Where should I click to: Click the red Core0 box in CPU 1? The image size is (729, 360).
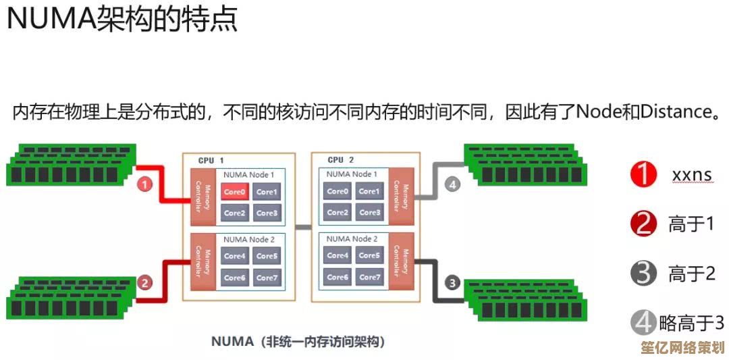pyautogui.click(x=234, y=192)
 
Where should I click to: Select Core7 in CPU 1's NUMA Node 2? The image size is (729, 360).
pyautogui.click(x=267, y=278)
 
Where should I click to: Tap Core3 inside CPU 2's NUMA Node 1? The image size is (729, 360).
pyautogui.click(x=369, y=213)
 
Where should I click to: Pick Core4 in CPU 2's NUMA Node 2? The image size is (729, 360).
pyautogui.click(x=337, y=256)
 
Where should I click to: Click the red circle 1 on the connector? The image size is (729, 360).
pyautogui.click(x=145, y=183)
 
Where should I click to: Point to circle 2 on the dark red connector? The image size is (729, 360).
pyautogui.click(x=144, y=283)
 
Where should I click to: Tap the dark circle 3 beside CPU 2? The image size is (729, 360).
pyautogui.click(x=452, y=282)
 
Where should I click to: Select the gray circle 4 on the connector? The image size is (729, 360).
pyautogui.click(x=452, y=183)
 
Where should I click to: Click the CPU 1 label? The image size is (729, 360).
pyautogui.click(x=211, y=161)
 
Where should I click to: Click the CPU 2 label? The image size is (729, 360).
pyautogui.click(x=340, y=160)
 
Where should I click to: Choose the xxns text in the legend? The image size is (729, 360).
pyautogui.click(x=691, y=176)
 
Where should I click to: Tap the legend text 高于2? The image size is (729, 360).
pyautogui.click(x=691, y=274)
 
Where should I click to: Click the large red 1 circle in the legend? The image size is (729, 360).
pyautogui.click(x=643, y=175)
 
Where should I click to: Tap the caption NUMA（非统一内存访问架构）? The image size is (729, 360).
pyautogui.click(x=298, y=341)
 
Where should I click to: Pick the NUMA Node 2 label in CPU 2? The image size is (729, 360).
pyautogui.click(x=352, y=239)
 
